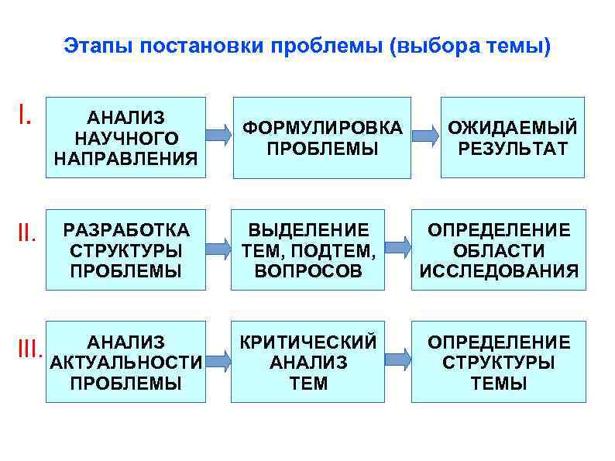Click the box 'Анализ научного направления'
click(125, 137)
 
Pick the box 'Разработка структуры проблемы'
click(125, 249)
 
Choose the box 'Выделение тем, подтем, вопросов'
click(308, 249)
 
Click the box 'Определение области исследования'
click(498, 249)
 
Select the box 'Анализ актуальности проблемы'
click(125, 362)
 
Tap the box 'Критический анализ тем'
click(308, 362)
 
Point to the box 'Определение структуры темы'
click(498, 362)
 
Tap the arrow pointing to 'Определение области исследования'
click(397, 248)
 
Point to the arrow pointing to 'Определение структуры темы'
click(397, 359)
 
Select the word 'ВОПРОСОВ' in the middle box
click(308, 271)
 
